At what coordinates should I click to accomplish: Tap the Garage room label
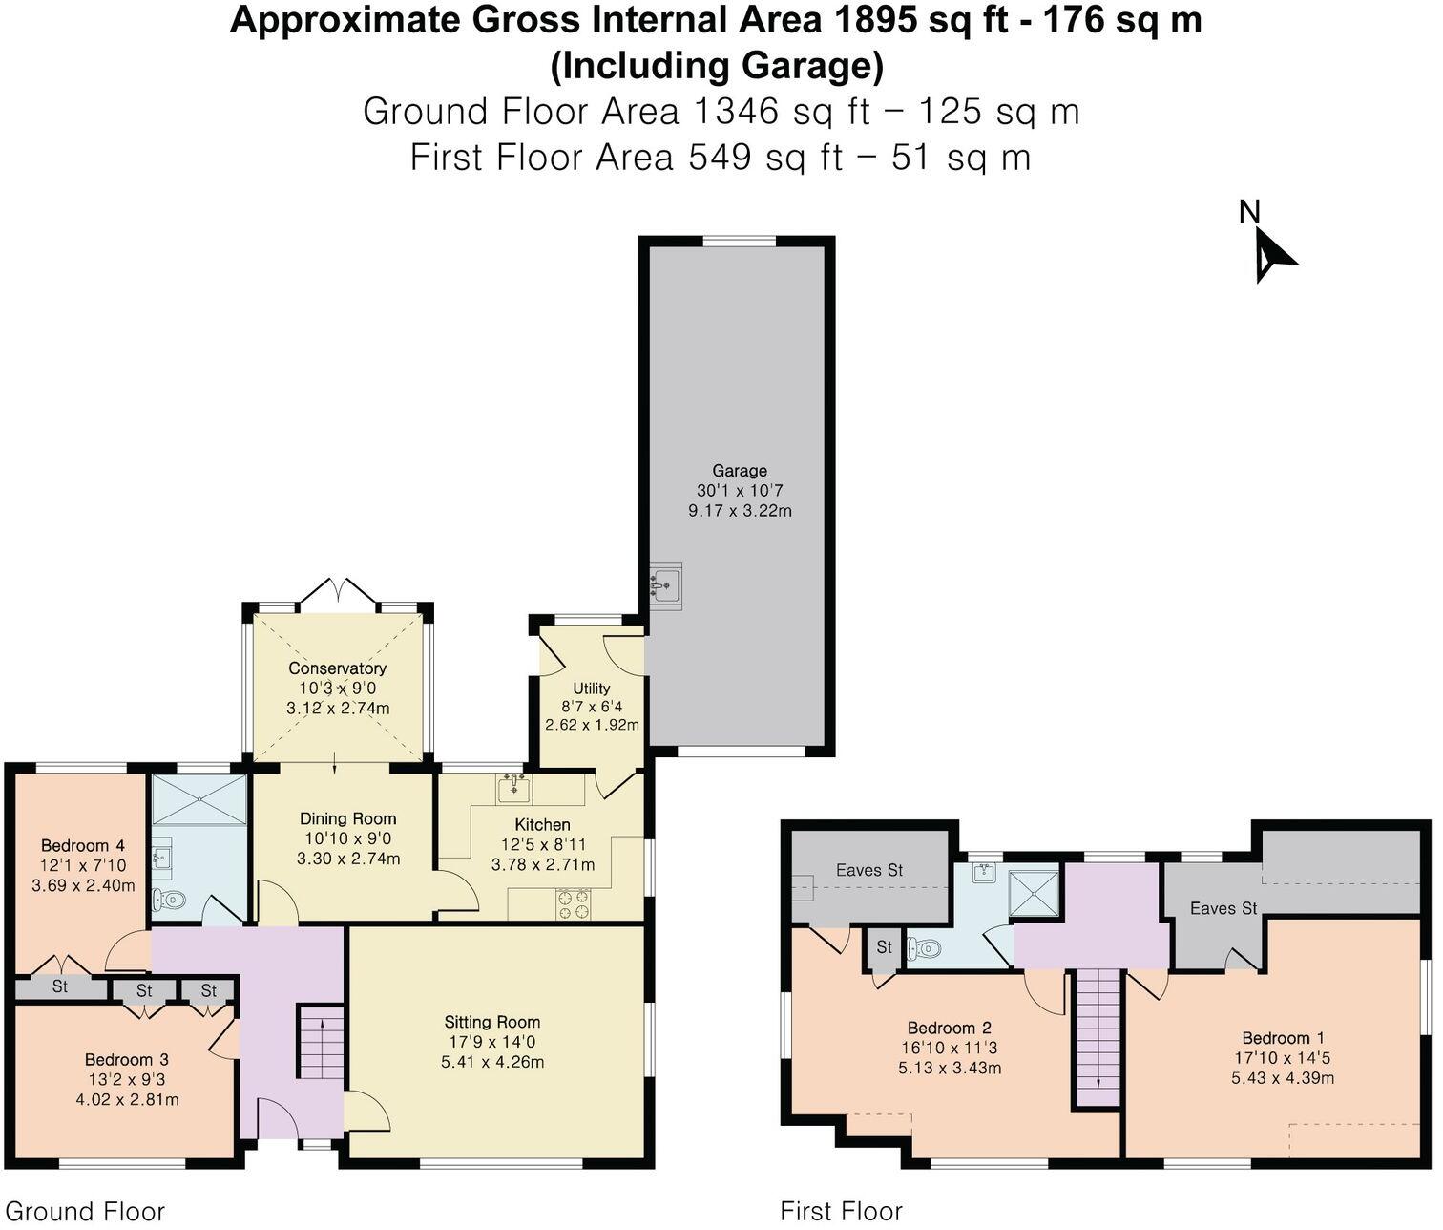point(740,471)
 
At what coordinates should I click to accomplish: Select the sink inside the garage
point(666,583)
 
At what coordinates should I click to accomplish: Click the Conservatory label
point(338,668)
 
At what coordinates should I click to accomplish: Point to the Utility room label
point(592,689)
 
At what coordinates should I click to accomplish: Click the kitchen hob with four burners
point(574,903)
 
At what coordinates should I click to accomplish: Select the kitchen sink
point(514,788)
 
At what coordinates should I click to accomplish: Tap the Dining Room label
point(348,818)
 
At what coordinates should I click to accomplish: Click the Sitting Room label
point(492,1022)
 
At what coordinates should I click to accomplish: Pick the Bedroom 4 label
point(83,845)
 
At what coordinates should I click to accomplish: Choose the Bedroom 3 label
point(127,1059)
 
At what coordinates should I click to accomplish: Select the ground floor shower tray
point(199,799)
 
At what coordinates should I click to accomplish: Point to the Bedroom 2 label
point(949,1028)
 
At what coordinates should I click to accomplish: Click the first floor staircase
point(1098,1037)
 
